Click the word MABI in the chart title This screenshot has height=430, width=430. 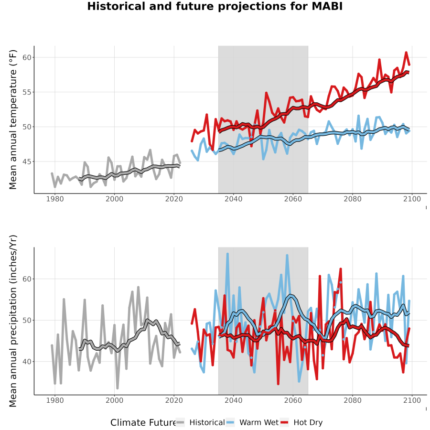pos(327,6)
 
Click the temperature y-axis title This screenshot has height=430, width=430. pos(13,119)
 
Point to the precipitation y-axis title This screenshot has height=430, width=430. pos(13,321)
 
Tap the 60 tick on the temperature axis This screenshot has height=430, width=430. pos(27,58)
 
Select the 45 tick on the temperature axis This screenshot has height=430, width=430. pos(27,162)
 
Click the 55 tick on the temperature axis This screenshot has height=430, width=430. pos(27,92)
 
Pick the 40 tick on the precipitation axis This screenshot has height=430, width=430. pos(27,362)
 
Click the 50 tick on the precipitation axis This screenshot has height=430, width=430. pos(27,320)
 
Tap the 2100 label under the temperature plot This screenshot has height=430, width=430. pos(412,199)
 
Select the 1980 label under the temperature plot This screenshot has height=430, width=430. pos(55,199)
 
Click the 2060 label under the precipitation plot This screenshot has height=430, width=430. pos(293,400)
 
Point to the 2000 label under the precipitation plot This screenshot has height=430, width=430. pos(114,400)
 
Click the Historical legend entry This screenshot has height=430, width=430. pos(200,423)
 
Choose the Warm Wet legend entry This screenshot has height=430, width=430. pos(252,423)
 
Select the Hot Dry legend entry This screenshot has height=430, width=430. pos(301,423)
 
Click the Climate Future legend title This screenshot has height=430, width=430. pos(143,423)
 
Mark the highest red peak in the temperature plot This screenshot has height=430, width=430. pos(406,52)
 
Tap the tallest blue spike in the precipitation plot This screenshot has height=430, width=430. pos(227,254)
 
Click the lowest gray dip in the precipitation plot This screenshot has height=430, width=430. pos(118,388)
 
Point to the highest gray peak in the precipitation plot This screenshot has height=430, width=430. pos(138,287)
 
